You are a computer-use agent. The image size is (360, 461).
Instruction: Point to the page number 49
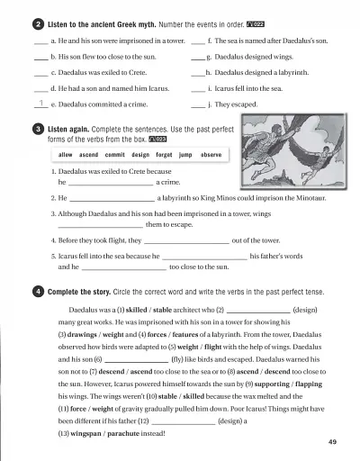tap(332, 442)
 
